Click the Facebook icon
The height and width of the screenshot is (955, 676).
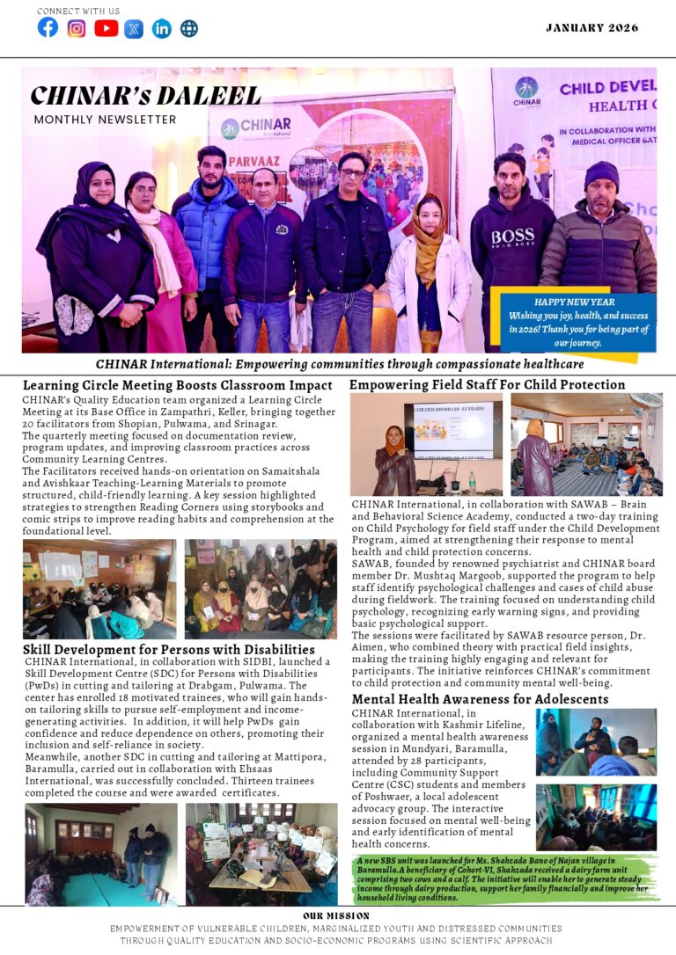pyautogui.click(x=48, y=27)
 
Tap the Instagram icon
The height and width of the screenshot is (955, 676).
pyautogui.click(x=77, y=28)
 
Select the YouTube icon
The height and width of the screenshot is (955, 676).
pyautogui.click(x=106, y=28)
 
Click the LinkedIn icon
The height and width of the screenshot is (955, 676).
pyautogui.click(x=162, y=28)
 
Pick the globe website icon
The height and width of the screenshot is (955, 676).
pyautogui.click(x=189, y=28)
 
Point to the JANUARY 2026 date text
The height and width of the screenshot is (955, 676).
pyautogui.click(x=591, y=28)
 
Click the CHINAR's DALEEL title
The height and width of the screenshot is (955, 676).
pyautogui.click(x=145, y=96)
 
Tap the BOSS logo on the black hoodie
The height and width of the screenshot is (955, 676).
pyautogui.click(x=512, y=237)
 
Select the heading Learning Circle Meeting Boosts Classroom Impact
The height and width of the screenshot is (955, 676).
pyautogui.click(x=178, y=385)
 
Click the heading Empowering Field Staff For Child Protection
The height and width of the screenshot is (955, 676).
pyautogui.click(x=488, y=384)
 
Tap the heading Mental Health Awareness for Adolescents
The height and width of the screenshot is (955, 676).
pyautogui.click(x=480, y=699)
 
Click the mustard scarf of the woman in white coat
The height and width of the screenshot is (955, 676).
pyautogui.click(x=429, y=251)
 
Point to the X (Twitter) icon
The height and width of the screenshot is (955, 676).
pyautogui.click(x=134, y=28)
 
